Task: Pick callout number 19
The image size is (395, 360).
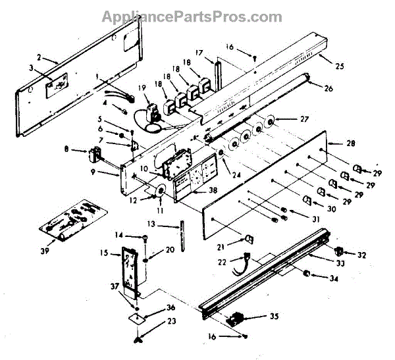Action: (x=143, y=88)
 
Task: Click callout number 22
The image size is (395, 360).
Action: (x=222, y=261)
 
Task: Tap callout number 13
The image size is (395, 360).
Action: (x=151, y=224)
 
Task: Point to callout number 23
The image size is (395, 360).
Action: (x=153, y=321)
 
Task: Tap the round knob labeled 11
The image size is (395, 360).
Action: (x=160, y=192)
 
